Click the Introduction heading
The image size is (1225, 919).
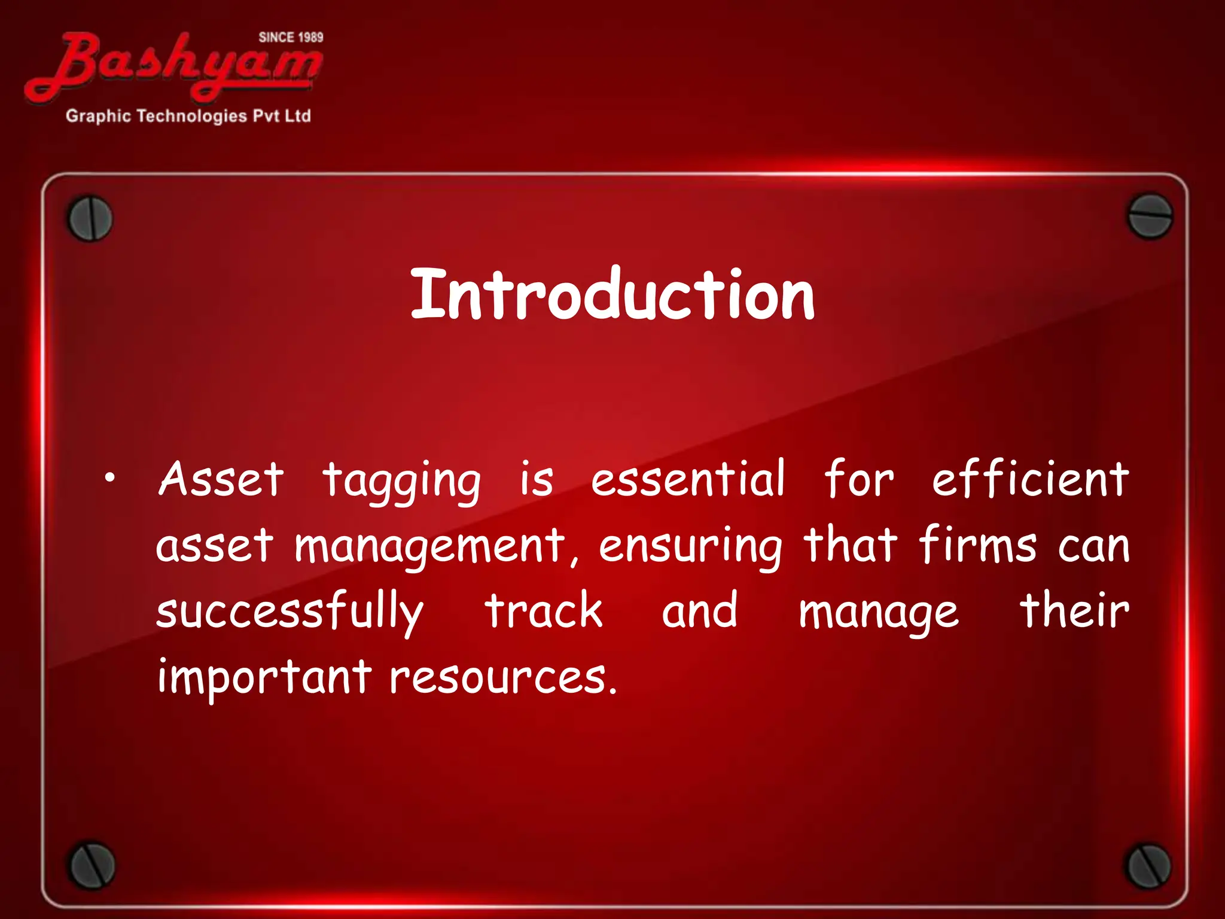coord(612,295)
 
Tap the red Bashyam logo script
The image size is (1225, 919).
coord(173,67)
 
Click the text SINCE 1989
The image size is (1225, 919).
coord(291,38)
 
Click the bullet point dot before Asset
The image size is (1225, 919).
coord(108,479)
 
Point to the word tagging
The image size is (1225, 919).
coord(401,482)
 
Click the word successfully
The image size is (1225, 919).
coord(290,611)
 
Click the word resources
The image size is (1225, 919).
coord(502,678)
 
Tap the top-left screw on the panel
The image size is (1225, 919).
coord(90,218)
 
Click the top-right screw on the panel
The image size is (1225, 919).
coord(1149,216)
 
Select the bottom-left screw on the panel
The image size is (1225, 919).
coord(91,866)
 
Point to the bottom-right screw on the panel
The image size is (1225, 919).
coord(1148,866)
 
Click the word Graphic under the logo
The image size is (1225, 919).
coord(97,116)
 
